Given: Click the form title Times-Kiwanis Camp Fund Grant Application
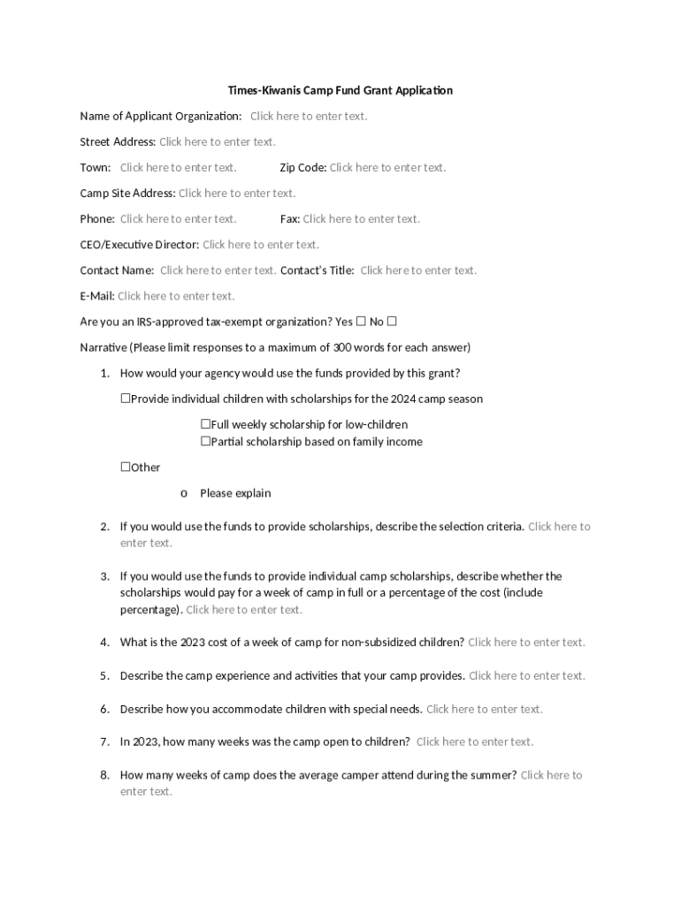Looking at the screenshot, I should pos(340,90).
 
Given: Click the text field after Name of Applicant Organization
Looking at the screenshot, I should pos(308,116).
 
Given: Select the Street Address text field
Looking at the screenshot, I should pos(217,141).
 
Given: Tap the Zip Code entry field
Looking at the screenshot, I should pos(387,167).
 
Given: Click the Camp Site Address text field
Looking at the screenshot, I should pos(236,193).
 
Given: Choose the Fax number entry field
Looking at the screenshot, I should pos(361,218).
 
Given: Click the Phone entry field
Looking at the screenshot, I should pos(178,218).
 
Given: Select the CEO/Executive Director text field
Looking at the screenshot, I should pos(260,244).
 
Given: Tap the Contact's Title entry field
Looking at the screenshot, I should pos(417,270).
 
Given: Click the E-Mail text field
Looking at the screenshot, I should pos(175,295).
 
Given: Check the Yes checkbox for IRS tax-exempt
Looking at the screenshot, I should pos(360,322).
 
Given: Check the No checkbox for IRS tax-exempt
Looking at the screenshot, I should pos(392,322).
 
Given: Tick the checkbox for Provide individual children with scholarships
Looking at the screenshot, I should pos(126,399).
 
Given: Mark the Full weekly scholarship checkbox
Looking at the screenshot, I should pos(205,424).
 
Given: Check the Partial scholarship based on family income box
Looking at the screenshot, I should pos(205,441).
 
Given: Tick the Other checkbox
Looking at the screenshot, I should pos(126,467).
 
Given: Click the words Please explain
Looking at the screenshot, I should pos(235,493).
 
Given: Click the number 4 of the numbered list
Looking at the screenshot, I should pos(103,643).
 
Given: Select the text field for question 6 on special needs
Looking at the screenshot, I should pos(484,709).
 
